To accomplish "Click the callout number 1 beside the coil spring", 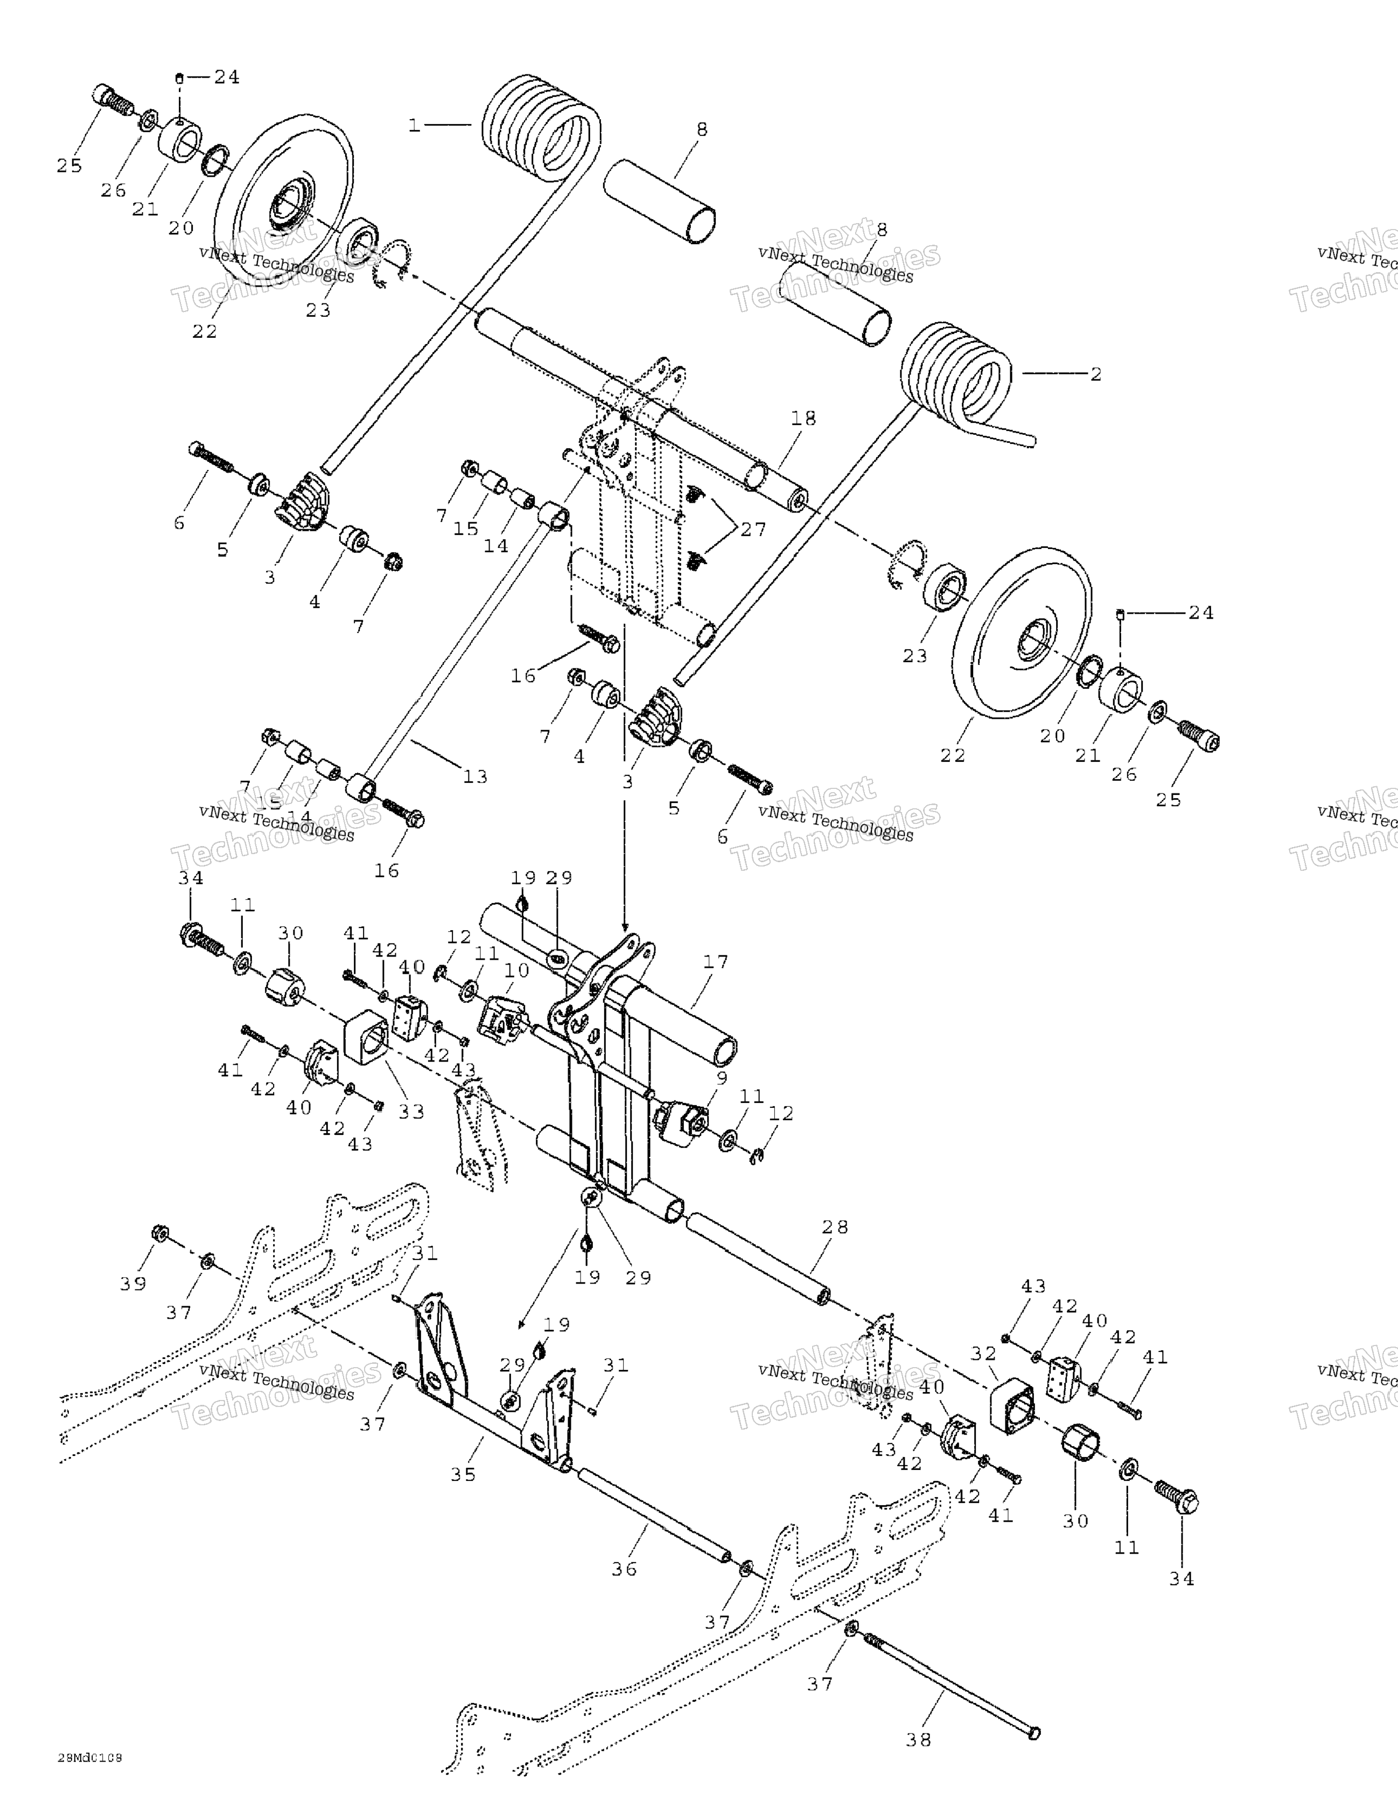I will (x=414, y=126).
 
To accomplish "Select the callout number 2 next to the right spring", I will (x=1095, y=374).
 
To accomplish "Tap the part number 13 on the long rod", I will (x=474, y=777).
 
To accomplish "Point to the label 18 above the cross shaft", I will (x=803, y=418).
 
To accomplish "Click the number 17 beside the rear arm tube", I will (x=715, y=962).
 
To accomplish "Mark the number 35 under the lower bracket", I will (x=463, y=1474).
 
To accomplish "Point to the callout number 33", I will (x=410, y=1111).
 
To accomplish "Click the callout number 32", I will (x=983, y=1354).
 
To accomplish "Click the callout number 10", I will (x=516, y=971).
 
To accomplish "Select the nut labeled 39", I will (x=157, y=1232).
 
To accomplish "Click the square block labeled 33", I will (x=367, y=1036).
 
